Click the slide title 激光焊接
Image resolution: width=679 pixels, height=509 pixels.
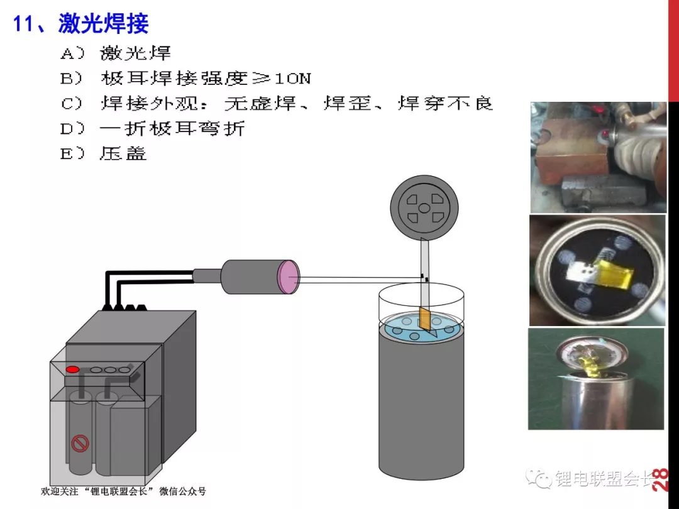[x=104, y=23]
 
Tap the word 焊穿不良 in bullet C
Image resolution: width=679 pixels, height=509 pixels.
[x=445, y=104]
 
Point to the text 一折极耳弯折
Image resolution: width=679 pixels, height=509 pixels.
[x=172, y=129]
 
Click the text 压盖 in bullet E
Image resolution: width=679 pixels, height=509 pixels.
[x=123, y=153]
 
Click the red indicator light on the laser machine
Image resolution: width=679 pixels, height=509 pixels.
[x=72, y=369]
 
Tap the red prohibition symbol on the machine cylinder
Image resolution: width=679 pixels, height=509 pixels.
[x=80, y=443]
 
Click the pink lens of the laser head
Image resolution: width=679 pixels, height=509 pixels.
[x=289, y=278]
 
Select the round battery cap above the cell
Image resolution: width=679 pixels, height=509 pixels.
[x=424, y=208]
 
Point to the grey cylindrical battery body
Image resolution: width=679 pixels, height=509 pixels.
[x=421, y=403]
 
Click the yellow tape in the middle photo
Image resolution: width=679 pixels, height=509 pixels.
[x=613, y=273]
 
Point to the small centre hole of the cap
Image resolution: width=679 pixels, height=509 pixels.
[x=424, y=208]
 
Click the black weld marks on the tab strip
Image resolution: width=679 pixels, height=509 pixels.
[x=425, y=278]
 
